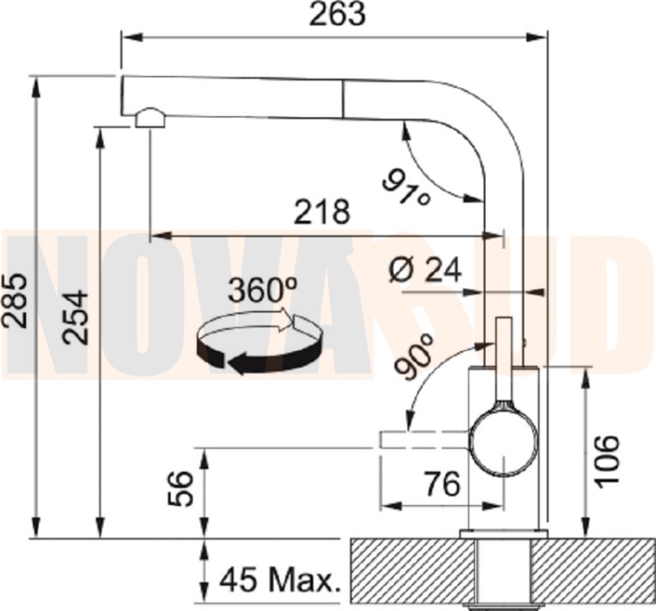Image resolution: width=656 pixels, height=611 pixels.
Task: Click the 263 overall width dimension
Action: [338, 15]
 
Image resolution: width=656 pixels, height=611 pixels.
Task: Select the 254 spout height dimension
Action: [76, 318]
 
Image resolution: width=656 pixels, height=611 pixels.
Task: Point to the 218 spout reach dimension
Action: [322, 212]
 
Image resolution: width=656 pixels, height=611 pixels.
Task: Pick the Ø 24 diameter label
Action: [424, 270]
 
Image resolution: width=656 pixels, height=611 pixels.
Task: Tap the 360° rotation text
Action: [263, 290]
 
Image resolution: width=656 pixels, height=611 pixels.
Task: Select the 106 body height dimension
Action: [606, 461]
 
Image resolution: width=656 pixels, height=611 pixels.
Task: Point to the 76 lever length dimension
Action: [442, 483]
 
